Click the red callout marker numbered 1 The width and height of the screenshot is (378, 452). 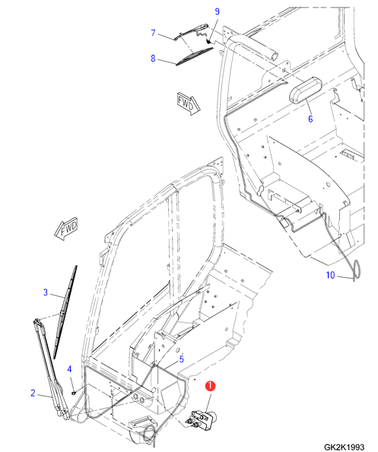[x=210, y=386]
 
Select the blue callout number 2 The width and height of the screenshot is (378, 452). [x=33, y=393]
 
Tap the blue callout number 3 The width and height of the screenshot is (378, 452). [x=45, y=292]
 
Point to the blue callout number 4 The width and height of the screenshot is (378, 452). [x=69, y=369]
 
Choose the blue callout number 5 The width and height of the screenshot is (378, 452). [x=182, y=359]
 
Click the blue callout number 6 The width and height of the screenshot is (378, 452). [x=310, y=119]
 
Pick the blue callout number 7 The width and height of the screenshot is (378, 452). [x=154, y=33]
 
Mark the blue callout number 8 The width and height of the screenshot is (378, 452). [x=153, y=59]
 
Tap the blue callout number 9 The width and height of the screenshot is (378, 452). [x=218, y=11]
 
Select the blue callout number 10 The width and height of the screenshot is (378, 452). [x=330, y=275]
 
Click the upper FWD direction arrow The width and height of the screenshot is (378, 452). [x=189, y=103]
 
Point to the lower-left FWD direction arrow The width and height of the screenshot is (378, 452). [x=66, y=229]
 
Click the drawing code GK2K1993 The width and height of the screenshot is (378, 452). [x=344, y=447]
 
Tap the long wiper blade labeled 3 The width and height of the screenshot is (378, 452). [x=65, y=312]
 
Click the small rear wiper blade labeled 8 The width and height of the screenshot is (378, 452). [x=195, y=56]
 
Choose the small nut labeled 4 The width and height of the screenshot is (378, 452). [x=74, y=393]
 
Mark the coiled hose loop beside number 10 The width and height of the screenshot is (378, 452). [x=357, y=270]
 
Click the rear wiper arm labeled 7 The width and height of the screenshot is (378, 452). [x=192, y=31]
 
